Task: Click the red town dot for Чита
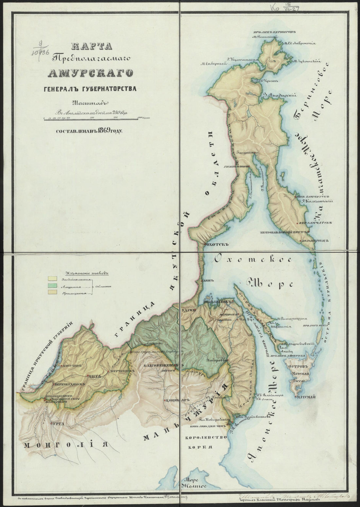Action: coord(88,376)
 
